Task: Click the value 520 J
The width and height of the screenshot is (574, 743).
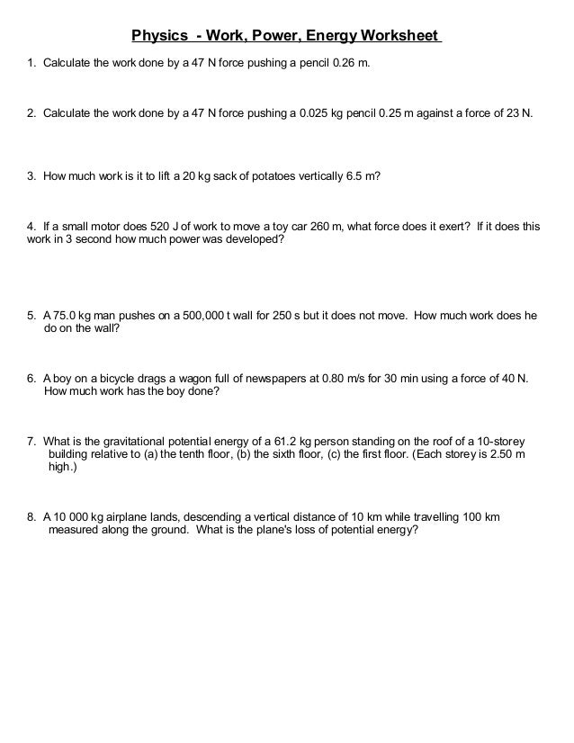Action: (x=148, y=227)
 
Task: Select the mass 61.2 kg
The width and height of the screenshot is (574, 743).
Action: (x=321, y=443)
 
